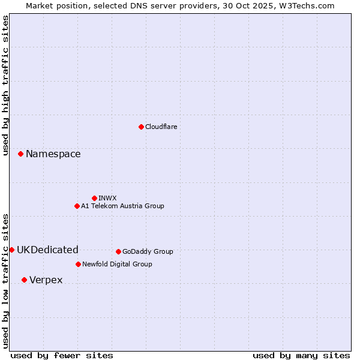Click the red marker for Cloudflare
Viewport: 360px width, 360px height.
point(141,127)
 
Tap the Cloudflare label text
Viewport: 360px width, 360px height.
point(161,127)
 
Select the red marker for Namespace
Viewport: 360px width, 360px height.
point(20,154)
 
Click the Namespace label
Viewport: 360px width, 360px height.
point(53,154)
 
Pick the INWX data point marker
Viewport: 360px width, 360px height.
point(94,198)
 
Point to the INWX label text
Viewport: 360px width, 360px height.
point(107,198)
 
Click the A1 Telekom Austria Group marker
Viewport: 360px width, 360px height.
point(77,206)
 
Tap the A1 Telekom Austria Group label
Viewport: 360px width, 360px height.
point(122,206)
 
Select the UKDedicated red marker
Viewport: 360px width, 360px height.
point(11,250)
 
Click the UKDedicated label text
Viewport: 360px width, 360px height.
point(47,250)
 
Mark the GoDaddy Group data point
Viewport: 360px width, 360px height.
point(118,251)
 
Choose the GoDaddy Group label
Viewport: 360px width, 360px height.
point(148,251)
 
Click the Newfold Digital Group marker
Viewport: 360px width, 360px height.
point(78,264)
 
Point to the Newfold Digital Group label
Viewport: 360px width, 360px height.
point(117,264)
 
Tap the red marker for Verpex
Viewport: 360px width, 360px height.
point(24,280)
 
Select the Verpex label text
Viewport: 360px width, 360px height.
point(46,280)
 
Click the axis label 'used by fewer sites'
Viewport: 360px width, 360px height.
point(62,355)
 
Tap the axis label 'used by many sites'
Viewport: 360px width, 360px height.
point(301,355)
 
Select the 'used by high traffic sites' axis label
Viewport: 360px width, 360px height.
point(5,85)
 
